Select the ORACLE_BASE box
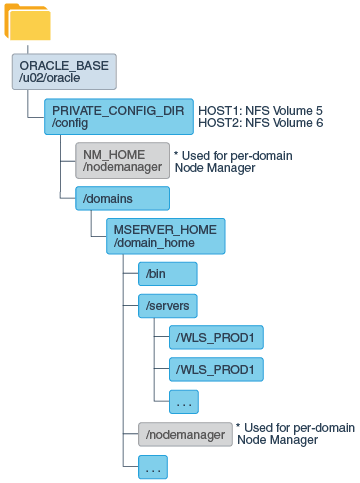pos(64,72)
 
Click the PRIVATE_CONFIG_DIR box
pos(117,117)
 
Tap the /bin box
pos(160,273)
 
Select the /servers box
pos(160,304)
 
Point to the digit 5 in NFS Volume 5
pos(319,110)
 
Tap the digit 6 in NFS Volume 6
pos(319,123)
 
